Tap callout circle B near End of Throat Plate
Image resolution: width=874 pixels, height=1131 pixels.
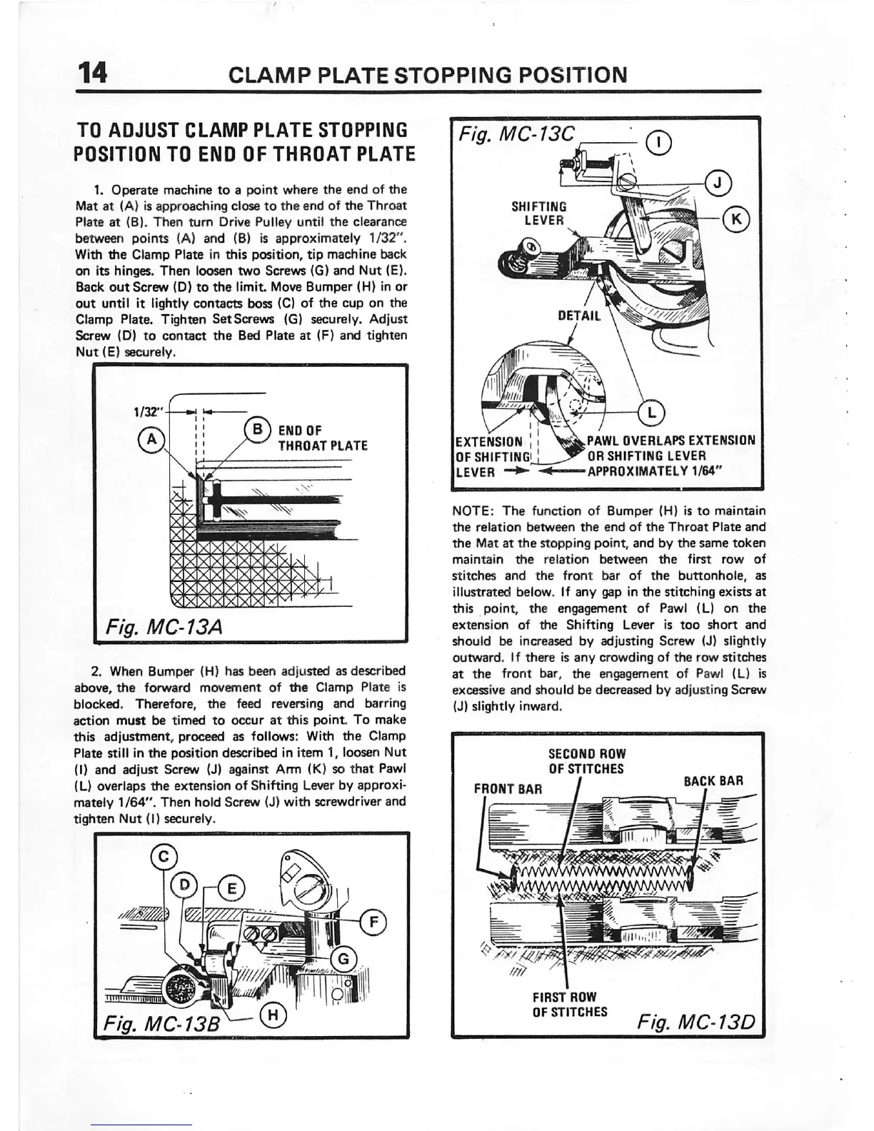tap(257, 432)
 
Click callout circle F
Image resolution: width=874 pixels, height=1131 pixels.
tap(373, 922)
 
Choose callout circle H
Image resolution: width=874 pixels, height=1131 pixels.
tap(274, 1013)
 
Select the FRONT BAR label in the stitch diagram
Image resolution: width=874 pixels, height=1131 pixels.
tap(508, 789)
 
